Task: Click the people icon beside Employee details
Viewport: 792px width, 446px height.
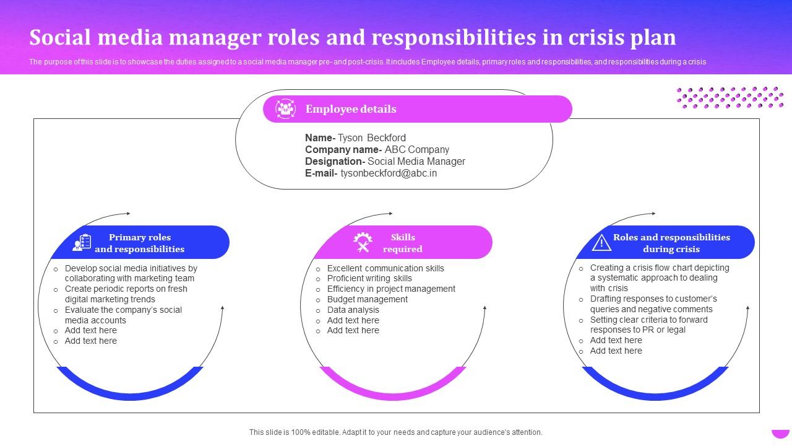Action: (x=285, y=109)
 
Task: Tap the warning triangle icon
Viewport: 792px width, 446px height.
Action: (x=601, y=243)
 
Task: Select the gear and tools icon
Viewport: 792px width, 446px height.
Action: (x=363, y=243)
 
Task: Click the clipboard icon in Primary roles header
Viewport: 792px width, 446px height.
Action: (x=82, y=243)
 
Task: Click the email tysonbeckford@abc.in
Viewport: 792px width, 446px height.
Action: (x=389, y=173)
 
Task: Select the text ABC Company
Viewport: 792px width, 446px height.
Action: (x=417, y=149)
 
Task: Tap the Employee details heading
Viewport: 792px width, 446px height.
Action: (x=351, y=109)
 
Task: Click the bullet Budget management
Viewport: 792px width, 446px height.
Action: (x=367, y=299)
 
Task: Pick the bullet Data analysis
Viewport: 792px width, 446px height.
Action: (x=353, y=310)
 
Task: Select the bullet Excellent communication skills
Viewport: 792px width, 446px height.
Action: (x=385, y=268)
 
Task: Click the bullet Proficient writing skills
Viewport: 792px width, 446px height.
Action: (x=369, y=278)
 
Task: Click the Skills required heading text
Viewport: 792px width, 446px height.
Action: (x=403, y=243)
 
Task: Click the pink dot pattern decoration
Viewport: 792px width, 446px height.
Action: (x=730, y=97)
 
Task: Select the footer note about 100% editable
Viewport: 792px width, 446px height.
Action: (x=396, y=432)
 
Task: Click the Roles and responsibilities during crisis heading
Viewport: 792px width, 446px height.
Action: (x=671, y=243)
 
